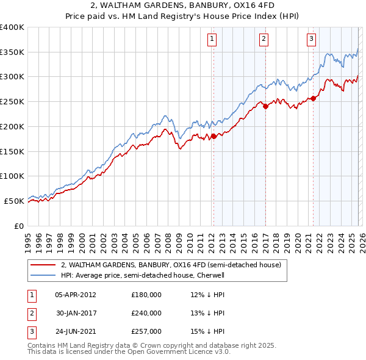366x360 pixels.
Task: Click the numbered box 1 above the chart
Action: pyautogui.click(x=212, y=39)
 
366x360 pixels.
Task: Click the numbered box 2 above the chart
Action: pyautogui.click(x=264, y=39)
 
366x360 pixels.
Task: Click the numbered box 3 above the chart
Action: pyautogui.click(x=311, y=39)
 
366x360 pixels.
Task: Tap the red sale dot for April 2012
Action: pyautogui.click(x=213, y=137)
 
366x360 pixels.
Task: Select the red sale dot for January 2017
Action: pyautogui.click(x=265, y=107)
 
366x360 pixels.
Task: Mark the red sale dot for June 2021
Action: pyautogui.click(x=314, y=98)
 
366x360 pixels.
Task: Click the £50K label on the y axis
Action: pyautogui.click(x=14, y=201)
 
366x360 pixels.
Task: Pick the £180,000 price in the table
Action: pyautogui.click(x=146, y=294)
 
